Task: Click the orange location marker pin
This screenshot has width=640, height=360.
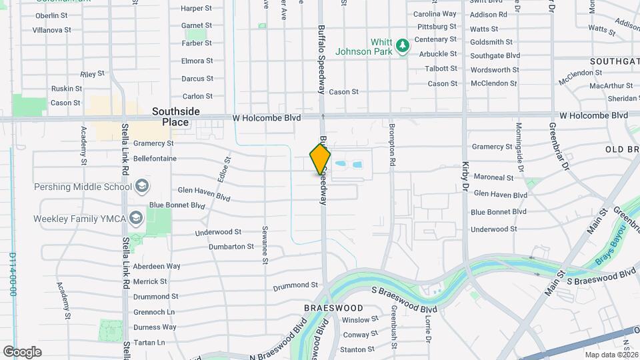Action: coord(321,159)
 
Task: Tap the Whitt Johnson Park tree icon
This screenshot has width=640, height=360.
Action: coord(402,45)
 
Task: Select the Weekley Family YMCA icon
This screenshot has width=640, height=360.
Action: coord(136,218)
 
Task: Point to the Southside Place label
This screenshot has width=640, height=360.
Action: coord(171,117)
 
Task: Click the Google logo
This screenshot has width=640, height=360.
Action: coord(23,351)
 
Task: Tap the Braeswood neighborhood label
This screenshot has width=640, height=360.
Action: coord(333,308)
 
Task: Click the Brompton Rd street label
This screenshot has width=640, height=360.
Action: coord(393,145)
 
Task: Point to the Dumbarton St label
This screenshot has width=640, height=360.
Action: coord(231,246)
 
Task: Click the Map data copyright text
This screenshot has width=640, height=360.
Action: coord(610,355)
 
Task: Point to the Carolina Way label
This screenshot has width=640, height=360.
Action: coord(435,13)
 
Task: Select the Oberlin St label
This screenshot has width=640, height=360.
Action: coord(57,15)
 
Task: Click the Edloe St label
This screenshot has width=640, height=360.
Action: coord(227,170)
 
